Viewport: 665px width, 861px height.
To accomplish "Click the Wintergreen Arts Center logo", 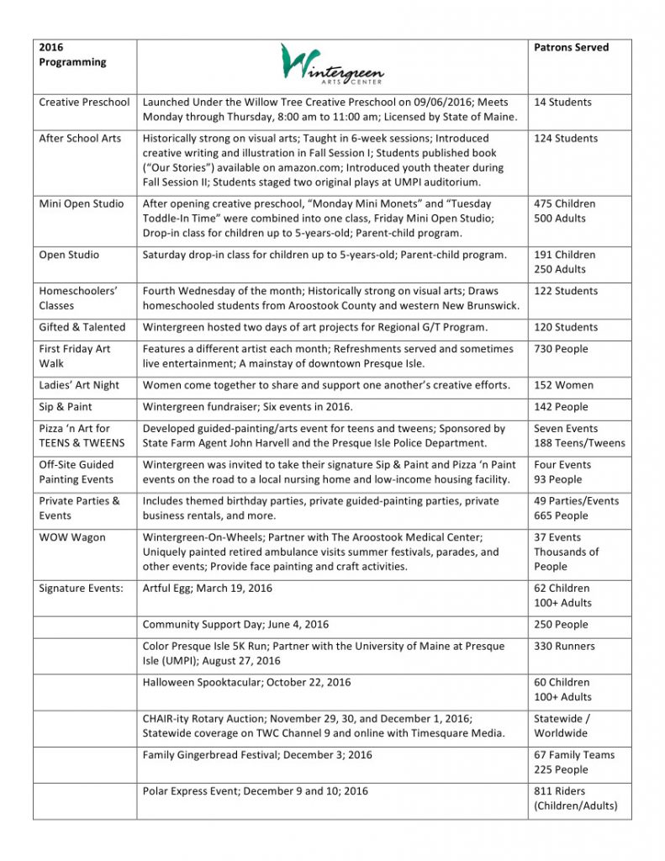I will [x=333, y=64].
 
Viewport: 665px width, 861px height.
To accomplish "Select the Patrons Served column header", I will [x=571, y=48].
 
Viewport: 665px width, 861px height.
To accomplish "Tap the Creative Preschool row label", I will [x=84, y=103].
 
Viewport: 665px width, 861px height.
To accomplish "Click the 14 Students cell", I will [x=562, y=103].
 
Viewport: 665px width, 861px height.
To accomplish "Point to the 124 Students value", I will [x=566, y=139].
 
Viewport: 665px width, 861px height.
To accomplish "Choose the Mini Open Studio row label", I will [x=81, y=204].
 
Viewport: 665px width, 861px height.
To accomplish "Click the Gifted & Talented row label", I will [x=82, y=328].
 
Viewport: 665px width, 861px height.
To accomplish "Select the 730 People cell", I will [x=561, y=350].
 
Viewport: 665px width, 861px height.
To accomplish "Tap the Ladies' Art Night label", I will [x=79, y=386].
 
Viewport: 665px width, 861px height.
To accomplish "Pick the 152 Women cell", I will [x=563, y=386].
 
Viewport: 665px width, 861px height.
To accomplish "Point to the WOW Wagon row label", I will [x=72, y=538].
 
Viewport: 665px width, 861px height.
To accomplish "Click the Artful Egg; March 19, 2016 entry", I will [x=208, y=589].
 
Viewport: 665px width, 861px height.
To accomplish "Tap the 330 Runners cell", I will [x=564, y=647].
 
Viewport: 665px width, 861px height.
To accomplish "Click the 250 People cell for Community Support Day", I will [x=561, y=625].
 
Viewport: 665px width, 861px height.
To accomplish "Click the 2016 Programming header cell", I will [x=73, y=55].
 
